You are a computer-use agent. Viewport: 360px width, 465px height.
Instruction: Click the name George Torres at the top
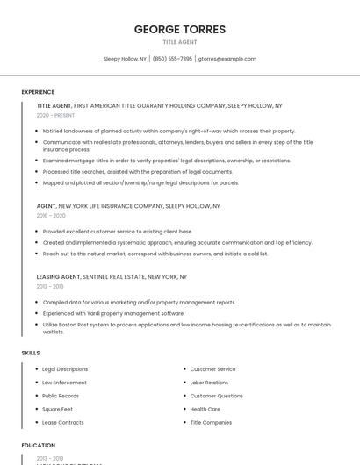(x=180, y=29)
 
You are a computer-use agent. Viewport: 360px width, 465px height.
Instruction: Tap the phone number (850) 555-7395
(x=172, y=59)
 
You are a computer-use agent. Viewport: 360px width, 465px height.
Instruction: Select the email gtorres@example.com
(x=227, y=59)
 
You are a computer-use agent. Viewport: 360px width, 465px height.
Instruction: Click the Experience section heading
(x=38, y=92)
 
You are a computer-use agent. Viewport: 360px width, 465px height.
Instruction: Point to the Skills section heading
(x=31, y=353)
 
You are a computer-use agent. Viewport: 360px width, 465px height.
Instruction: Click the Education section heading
(x=39, y=445)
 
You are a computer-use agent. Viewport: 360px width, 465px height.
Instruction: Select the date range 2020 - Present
(x=55, y=115)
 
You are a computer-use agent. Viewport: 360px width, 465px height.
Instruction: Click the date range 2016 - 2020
(x=51, y=215)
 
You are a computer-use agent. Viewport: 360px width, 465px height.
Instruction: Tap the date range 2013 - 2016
(x=50, y=286)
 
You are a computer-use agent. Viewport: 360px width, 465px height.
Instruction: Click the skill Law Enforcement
(x=64, y=383)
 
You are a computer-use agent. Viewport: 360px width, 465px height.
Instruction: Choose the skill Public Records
(x=61, y=396)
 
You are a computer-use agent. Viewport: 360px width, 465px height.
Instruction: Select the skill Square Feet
(x=58, y=409)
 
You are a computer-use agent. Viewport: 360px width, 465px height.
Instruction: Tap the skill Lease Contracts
(x=63, y=422)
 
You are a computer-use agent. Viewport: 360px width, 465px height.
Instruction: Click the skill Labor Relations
(x=209, y=383)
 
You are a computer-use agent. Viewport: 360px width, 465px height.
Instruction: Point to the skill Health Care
(x=205, y=409)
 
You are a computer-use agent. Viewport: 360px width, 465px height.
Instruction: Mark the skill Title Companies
(x=211, y=422)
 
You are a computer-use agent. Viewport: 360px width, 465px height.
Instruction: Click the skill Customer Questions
(x=216, y=396)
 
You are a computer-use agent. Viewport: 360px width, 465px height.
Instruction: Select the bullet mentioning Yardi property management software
(x=113, y=313)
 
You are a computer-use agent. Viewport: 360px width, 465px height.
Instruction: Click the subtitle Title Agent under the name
(x=180, y=42)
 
